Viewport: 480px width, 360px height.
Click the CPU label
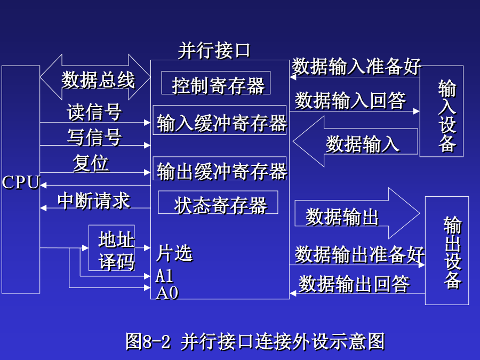pyautogui.click(x=21, y=182)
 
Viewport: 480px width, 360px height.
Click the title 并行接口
pyautogui.click(x=214, y=50)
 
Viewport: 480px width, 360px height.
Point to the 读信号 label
pyautogui.click(x=94, y=112)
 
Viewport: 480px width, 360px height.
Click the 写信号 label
pyautogui.click(x=94, y=137)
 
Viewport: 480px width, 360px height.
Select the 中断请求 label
pyautogui.click(x=94, y=201)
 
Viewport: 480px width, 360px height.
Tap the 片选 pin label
pyautogui.click(x=174, y=253)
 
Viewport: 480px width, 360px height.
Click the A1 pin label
pyautogui.click(x=164, y=276)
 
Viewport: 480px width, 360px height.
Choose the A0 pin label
pyautogui.click(x=167, y=293)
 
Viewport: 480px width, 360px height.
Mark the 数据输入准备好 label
pyautogui.click(x=356, y=67)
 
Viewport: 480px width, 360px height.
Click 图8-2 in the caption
pyautogui.click(x=148, y=341)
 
